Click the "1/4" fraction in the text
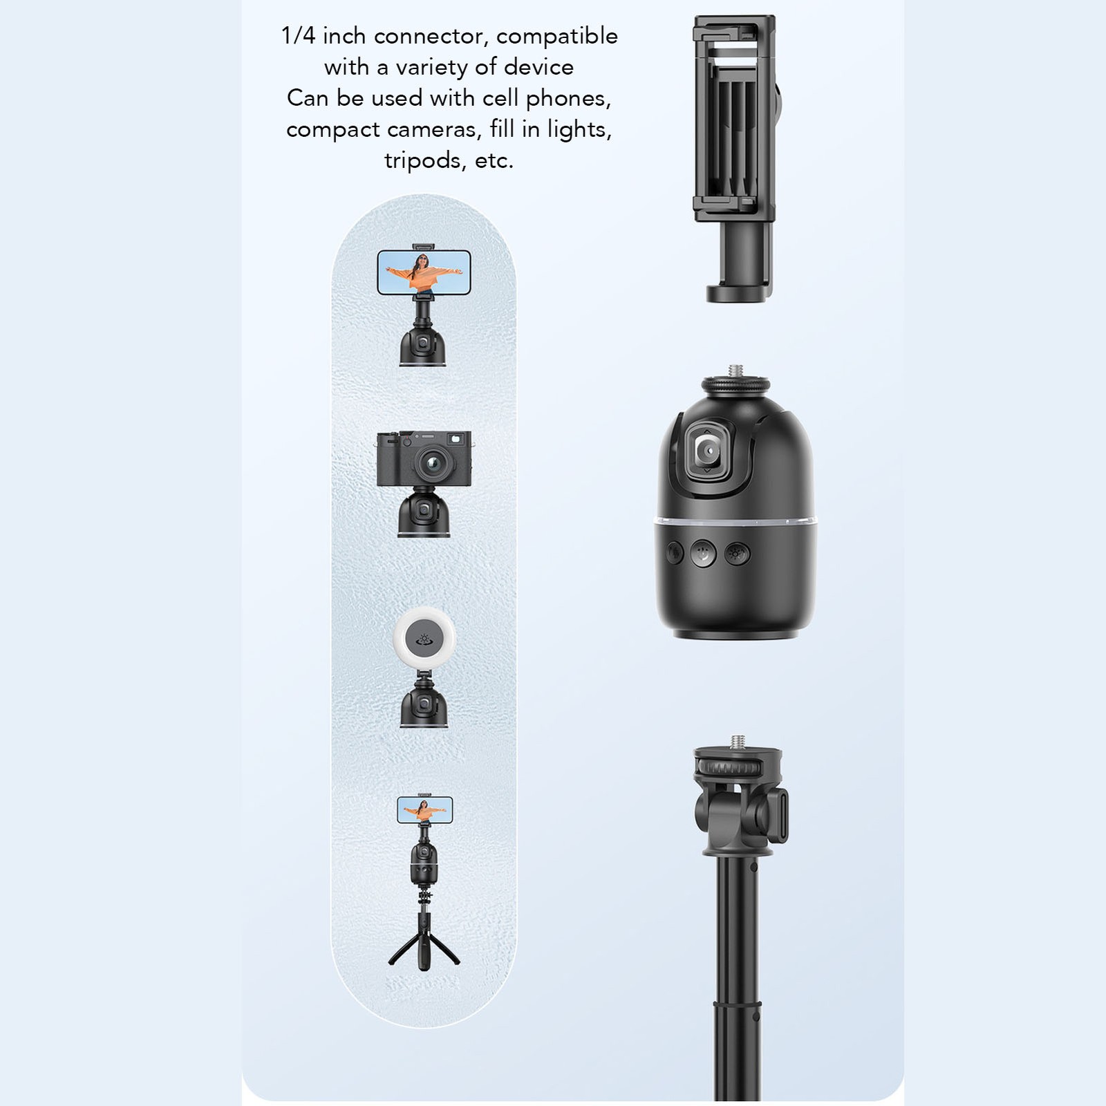click(298, 36)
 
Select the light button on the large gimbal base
click(736, 553)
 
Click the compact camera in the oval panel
click(424, 458)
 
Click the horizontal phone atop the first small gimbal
click(424, 272)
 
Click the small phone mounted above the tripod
click(425, 809)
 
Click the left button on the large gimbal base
click(675, 552)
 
